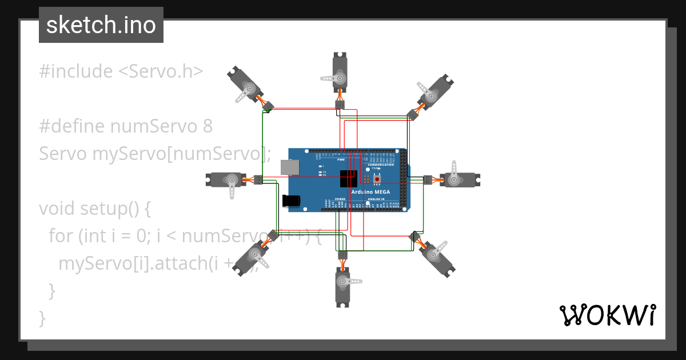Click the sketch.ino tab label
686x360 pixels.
101,25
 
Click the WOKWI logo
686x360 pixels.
607,315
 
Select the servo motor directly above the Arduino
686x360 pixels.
340,71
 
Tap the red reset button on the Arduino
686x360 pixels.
377,179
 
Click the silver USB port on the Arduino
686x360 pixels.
290,166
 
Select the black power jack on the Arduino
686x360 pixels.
292,201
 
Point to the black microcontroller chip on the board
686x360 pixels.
348,179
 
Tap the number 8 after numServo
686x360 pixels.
208,126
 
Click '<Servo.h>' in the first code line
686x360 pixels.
161,71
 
